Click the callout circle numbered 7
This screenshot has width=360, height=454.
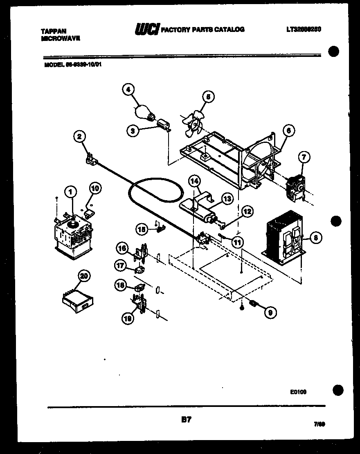coord(304,157)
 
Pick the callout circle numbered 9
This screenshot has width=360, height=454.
coord(270,312)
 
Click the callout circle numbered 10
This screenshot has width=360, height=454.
coord(94,189)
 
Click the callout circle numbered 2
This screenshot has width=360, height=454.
coord(80,137)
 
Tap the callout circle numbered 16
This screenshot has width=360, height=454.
coord(122,248)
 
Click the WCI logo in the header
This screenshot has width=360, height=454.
coord(147,29)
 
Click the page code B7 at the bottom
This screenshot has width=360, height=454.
coord(186,419)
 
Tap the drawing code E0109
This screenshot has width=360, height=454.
coord(298,392)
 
